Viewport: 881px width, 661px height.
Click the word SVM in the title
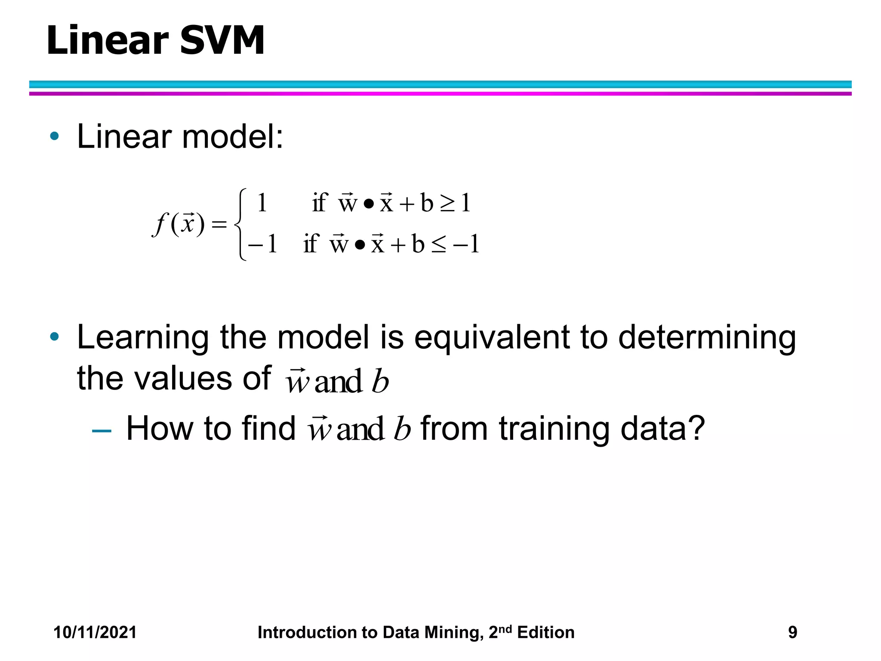(x=222, y=40)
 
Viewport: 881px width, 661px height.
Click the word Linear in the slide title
(x=108, y=40)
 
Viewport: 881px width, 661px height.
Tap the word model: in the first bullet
(x=233, y=137)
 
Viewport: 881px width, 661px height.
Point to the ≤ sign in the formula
(x=438, y=245)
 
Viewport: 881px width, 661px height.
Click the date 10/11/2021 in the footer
(x=95, y=632)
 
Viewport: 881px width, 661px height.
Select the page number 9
(x=792, y=632)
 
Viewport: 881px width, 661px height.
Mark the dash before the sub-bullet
(x=102, y=430)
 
